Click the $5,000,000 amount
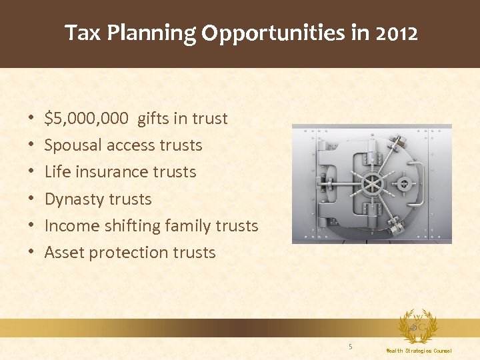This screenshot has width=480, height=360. (x=87, y=119)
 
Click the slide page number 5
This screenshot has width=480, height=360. (x=350, y=346)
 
